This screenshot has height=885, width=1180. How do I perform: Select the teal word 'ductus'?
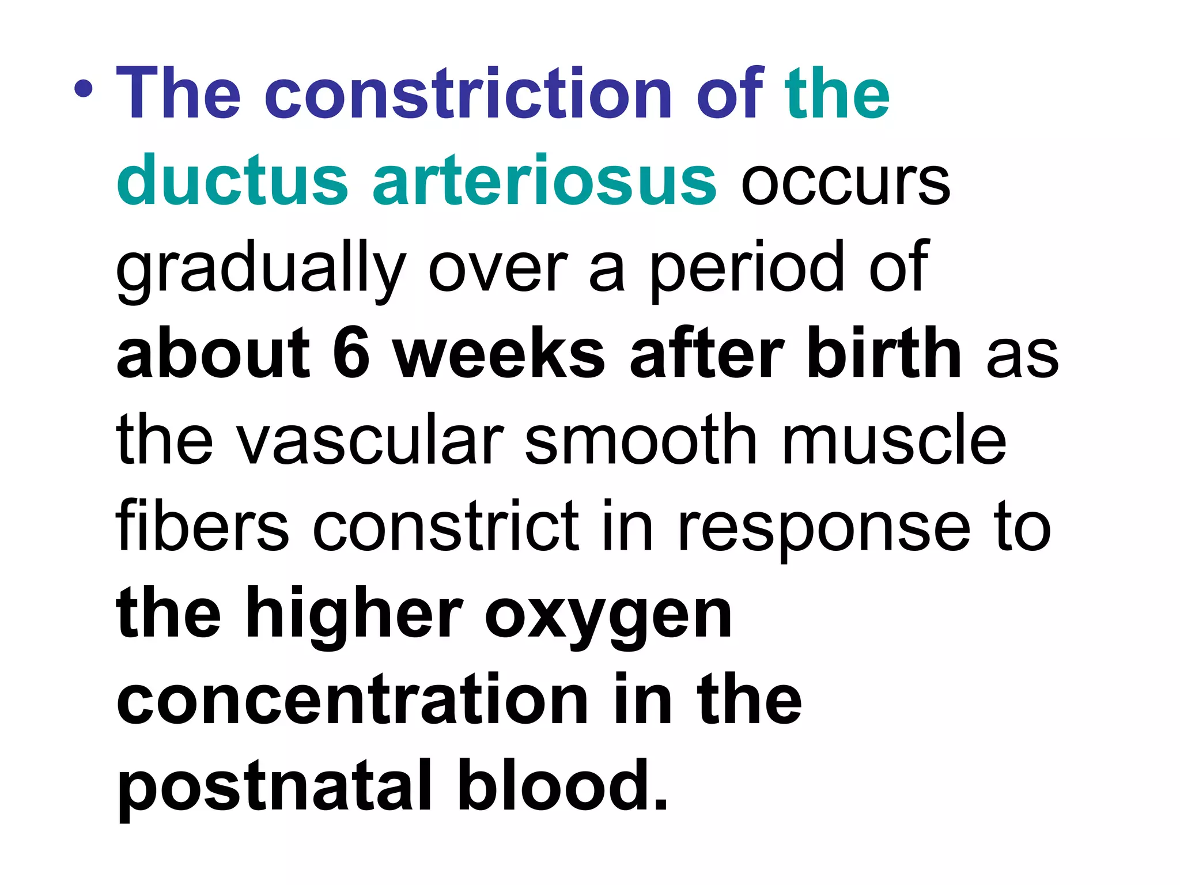pyautogui.click(x=232, y=180)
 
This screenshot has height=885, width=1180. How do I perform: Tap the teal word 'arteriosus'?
pyautogui.click(x=544, y=180)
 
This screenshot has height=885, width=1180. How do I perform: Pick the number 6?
pyautogui.click(x=351, y=353)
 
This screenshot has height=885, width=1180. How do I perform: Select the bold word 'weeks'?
pyautogui.click(x=499, y=353)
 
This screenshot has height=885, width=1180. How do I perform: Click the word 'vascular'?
pyautogui.click(x=370, y=441)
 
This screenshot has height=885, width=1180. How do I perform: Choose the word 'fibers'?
pyautogui.click(x=202, y=525)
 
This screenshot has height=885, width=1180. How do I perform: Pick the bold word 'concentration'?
pyautogui.click(x=352, y=700)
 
